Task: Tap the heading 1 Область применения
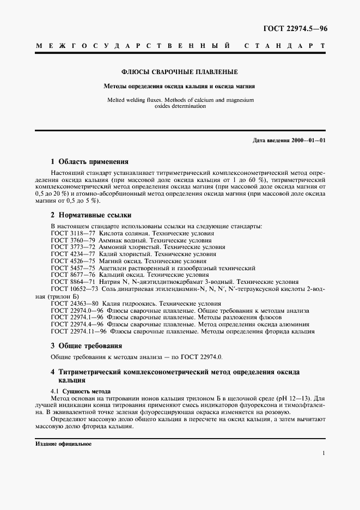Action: coord(89,162)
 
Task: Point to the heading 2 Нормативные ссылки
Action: coord(91,215)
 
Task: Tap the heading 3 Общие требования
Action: coord(86,345)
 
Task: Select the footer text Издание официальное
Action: coord(64,444)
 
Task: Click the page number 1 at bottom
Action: coord(324,453)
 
